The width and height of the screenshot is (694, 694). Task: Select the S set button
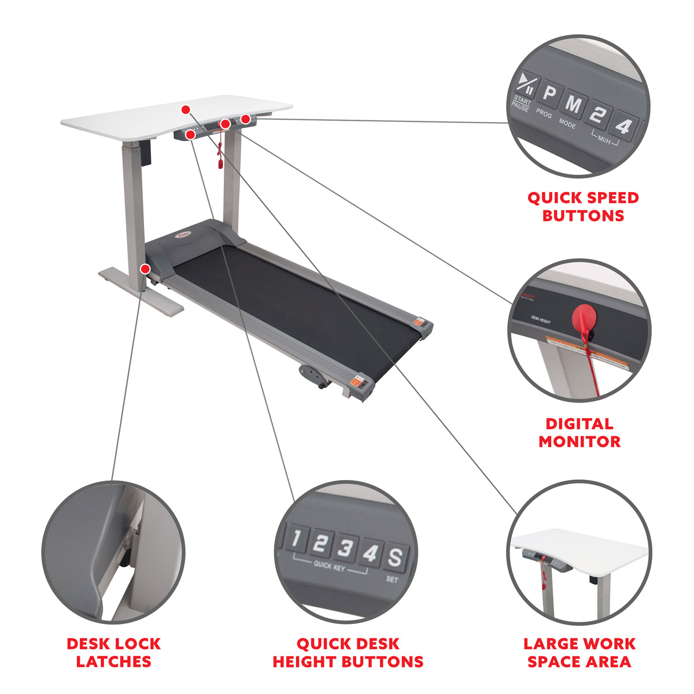(394, 558)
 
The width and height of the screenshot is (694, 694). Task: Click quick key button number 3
(345, 548)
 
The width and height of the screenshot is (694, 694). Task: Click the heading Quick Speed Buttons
(583, 206)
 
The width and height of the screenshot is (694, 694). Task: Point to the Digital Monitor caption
(579, 433)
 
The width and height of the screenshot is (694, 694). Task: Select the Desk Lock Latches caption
(114, 652)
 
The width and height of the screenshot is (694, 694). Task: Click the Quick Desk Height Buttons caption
(348, 652)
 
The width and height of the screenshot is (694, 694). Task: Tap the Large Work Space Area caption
(579, 652)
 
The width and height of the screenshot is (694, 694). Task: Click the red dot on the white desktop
(185, 109)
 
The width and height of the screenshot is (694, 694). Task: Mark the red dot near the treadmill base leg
(145, 268)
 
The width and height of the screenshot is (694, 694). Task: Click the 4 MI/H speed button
(623, 124)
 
